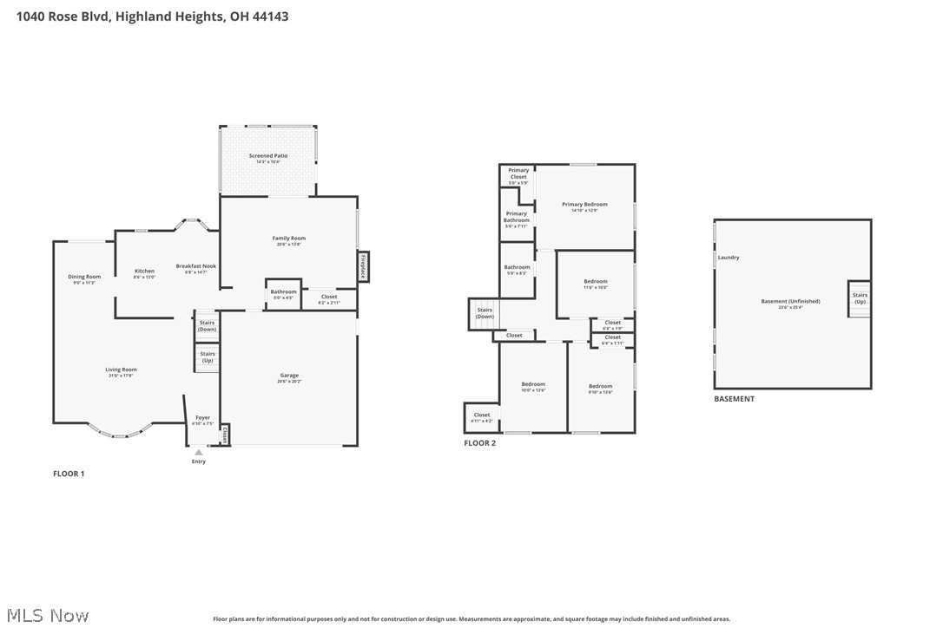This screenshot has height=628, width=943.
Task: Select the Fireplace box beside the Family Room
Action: pyautogui.click(x=363, y=266)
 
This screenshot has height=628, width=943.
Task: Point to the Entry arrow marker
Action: pyautogui.click(x=199, y=452)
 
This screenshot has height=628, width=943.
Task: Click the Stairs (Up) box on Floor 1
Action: pyautogui.click(x=207, y=357)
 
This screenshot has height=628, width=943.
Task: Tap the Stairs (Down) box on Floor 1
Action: pyautogui.click(x=207, y=326)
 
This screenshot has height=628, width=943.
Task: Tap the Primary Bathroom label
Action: pyautogui.click(x=517, y=217)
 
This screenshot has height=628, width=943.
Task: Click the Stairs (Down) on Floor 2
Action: pyautogui.click(x=485, y=313)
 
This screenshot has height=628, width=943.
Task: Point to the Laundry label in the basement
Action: pyautogui.click(x=729, y=258)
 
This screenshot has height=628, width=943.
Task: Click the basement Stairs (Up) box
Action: pyautogui.click(x=860, y=298)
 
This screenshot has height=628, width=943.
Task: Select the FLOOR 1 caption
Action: pyautogui.click(x=69, y=474)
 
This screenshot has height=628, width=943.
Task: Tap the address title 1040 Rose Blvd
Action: pyautogui.click(x=152, y=16)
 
